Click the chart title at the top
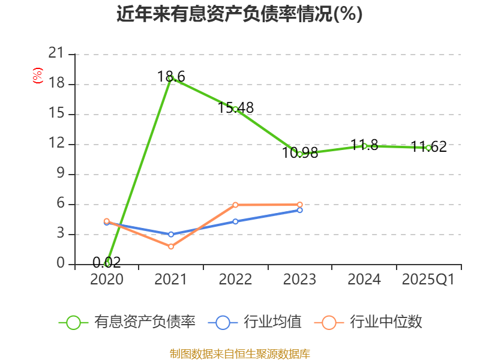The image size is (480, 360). coord(239,14)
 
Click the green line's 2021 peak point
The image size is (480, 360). coord(171,78)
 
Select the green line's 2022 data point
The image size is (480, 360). coord(235,109)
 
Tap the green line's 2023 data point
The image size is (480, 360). coord(299,154)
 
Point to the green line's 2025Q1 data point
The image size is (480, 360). coord(428,148)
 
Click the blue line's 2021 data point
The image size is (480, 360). coord(171,235)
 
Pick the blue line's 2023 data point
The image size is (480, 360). coord(299,210)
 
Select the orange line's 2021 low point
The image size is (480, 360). coord(171,247)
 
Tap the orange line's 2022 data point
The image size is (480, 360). coord(235,205)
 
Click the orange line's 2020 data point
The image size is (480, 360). coord(107,221)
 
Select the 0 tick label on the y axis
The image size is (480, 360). coord(60,264)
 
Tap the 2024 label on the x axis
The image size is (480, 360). coord(364,280)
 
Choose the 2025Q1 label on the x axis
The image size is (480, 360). coord(428,280)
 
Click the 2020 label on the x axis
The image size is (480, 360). coord(107,280)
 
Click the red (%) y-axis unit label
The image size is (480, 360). coord(38,76)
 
